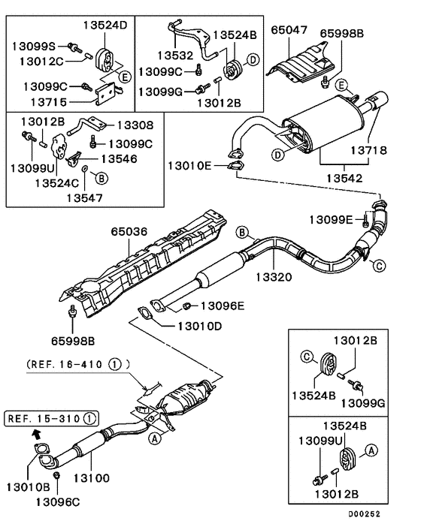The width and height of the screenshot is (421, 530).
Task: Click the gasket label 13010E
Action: [x=192, y=165]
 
